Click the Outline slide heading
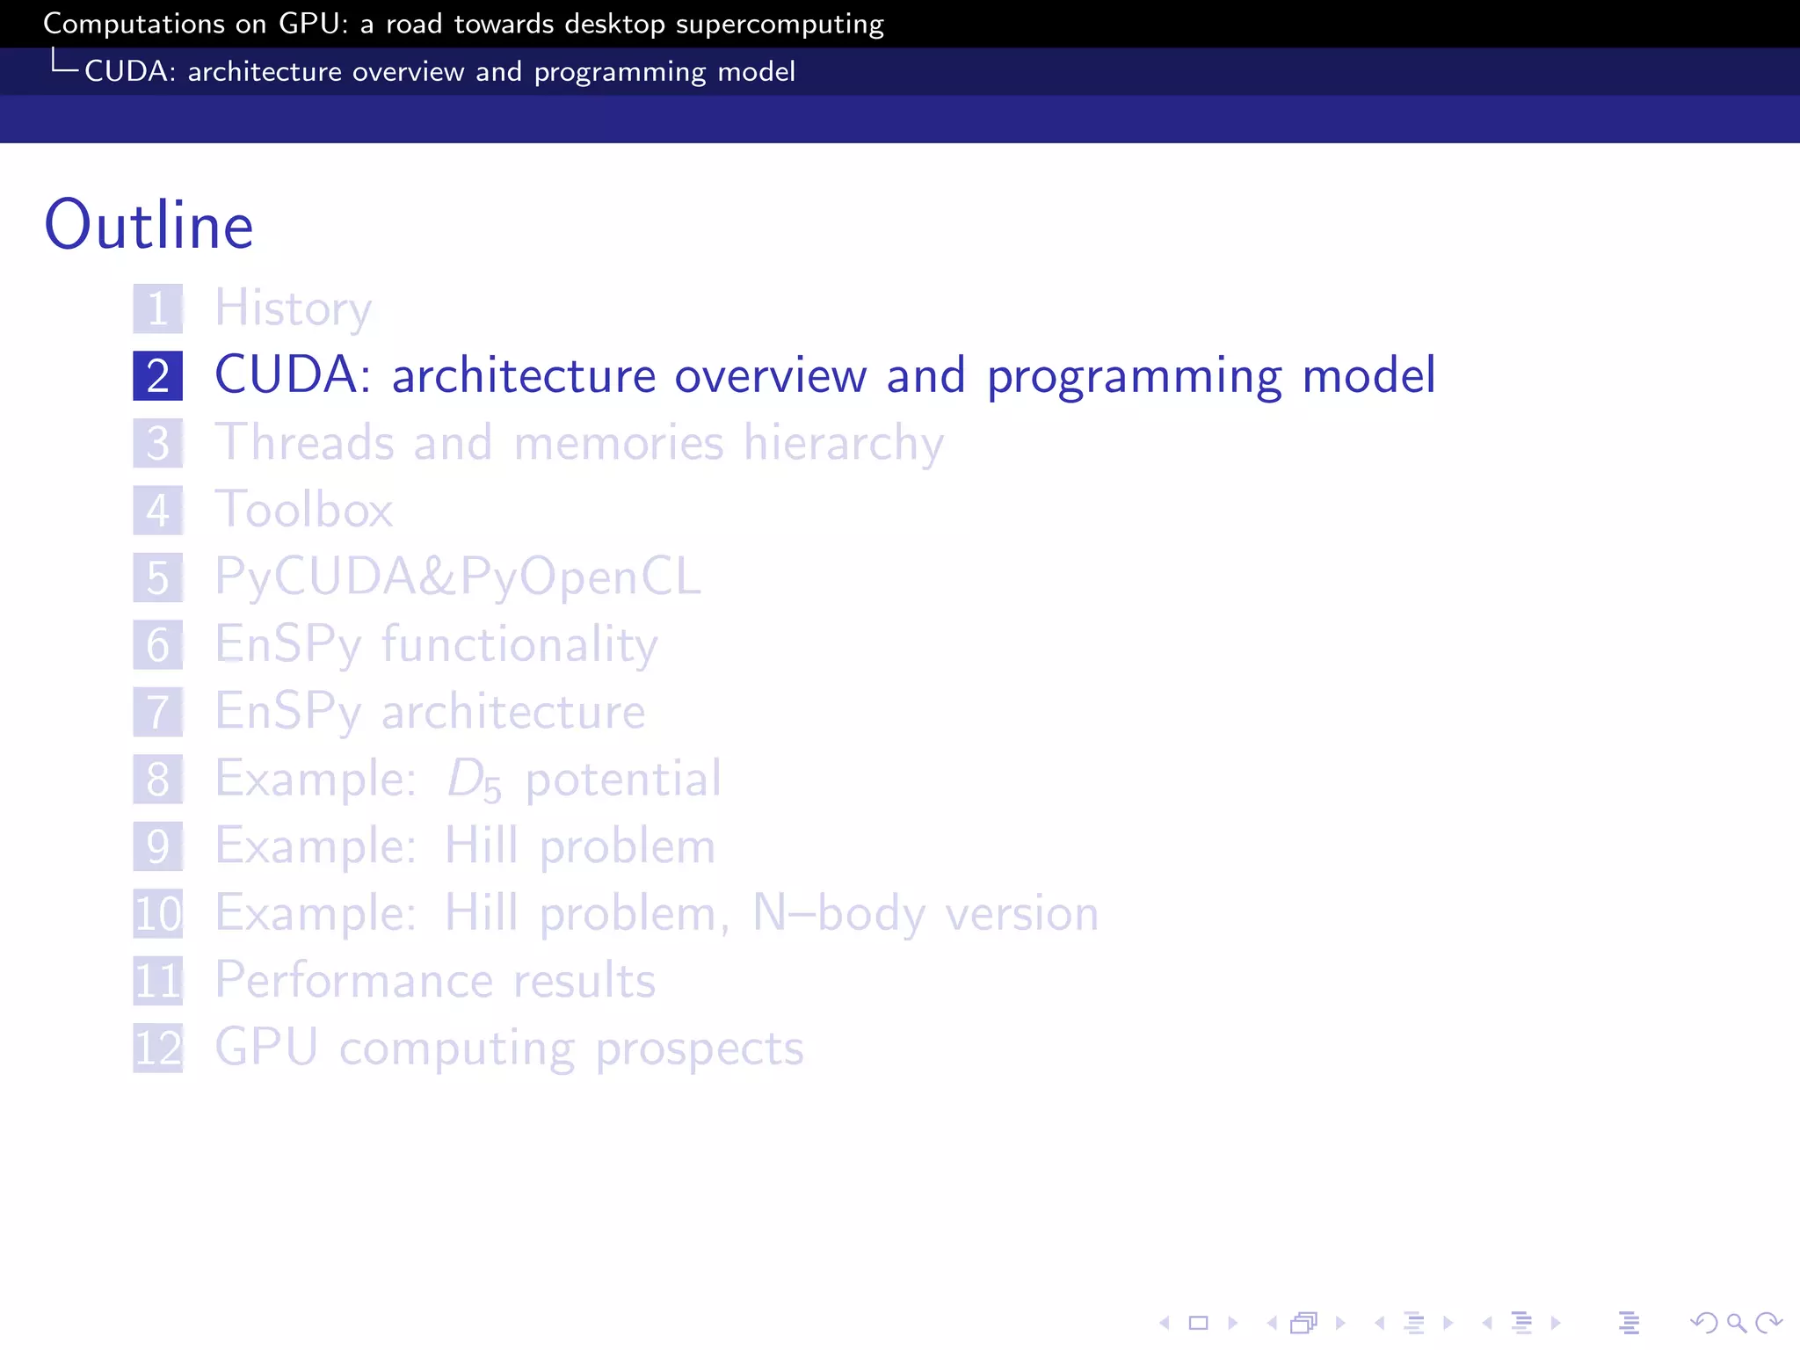click(x=149, y=225)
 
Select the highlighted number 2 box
click(x=158, y=376)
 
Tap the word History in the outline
click(x=294, y=309)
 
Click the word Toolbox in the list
click(x=304, y=510)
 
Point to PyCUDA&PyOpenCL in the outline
click(x=458, y=577)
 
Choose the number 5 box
click(x=158, y=577)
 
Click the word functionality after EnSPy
click(x=519, y=645)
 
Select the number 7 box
click(x=158, y=712)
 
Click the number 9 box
click(x=158, y=846)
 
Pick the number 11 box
click(x=158, y=981)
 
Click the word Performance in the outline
click(x=353, y=981)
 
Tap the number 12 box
click(x=158, y=1048)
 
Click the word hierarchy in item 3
click(x=844, y=443)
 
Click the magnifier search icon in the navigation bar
click(x=1736, y=1323)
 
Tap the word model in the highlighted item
click(x=1368, y=376)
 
